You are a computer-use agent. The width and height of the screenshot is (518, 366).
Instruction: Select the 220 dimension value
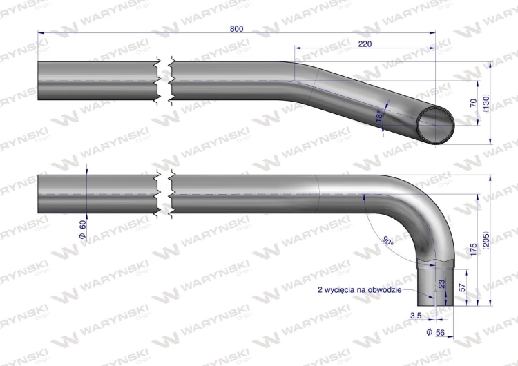[367, 44]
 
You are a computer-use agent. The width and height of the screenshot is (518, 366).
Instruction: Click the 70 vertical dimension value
[473, 103]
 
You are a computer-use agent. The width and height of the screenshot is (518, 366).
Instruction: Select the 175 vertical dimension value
[473, 251]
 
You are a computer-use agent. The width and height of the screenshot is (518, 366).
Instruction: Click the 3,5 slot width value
[416, 315]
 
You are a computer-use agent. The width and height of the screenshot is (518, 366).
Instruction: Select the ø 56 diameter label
[434, 332]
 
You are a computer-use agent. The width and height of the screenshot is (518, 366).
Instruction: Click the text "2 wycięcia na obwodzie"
[359, 290]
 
